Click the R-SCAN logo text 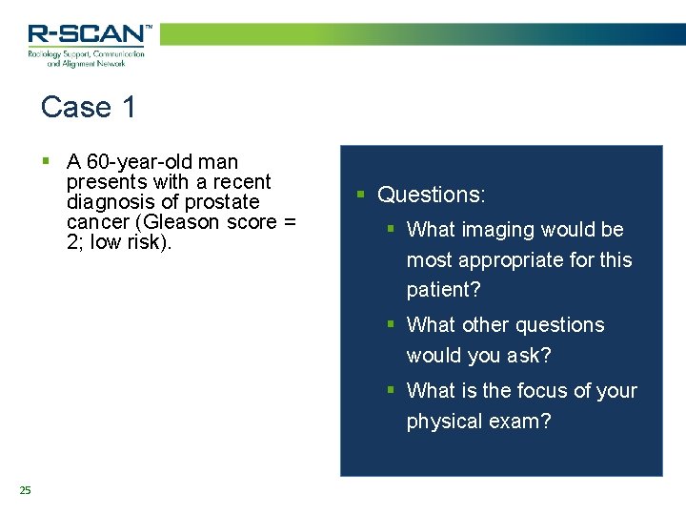pos(88,34)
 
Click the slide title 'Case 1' pos(89,107)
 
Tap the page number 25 pos(25,490)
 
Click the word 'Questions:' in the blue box pos(432,195)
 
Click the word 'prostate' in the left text pos(222,202)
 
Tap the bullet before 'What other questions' pos(391,324)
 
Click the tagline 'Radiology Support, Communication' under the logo pos(86,54)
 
